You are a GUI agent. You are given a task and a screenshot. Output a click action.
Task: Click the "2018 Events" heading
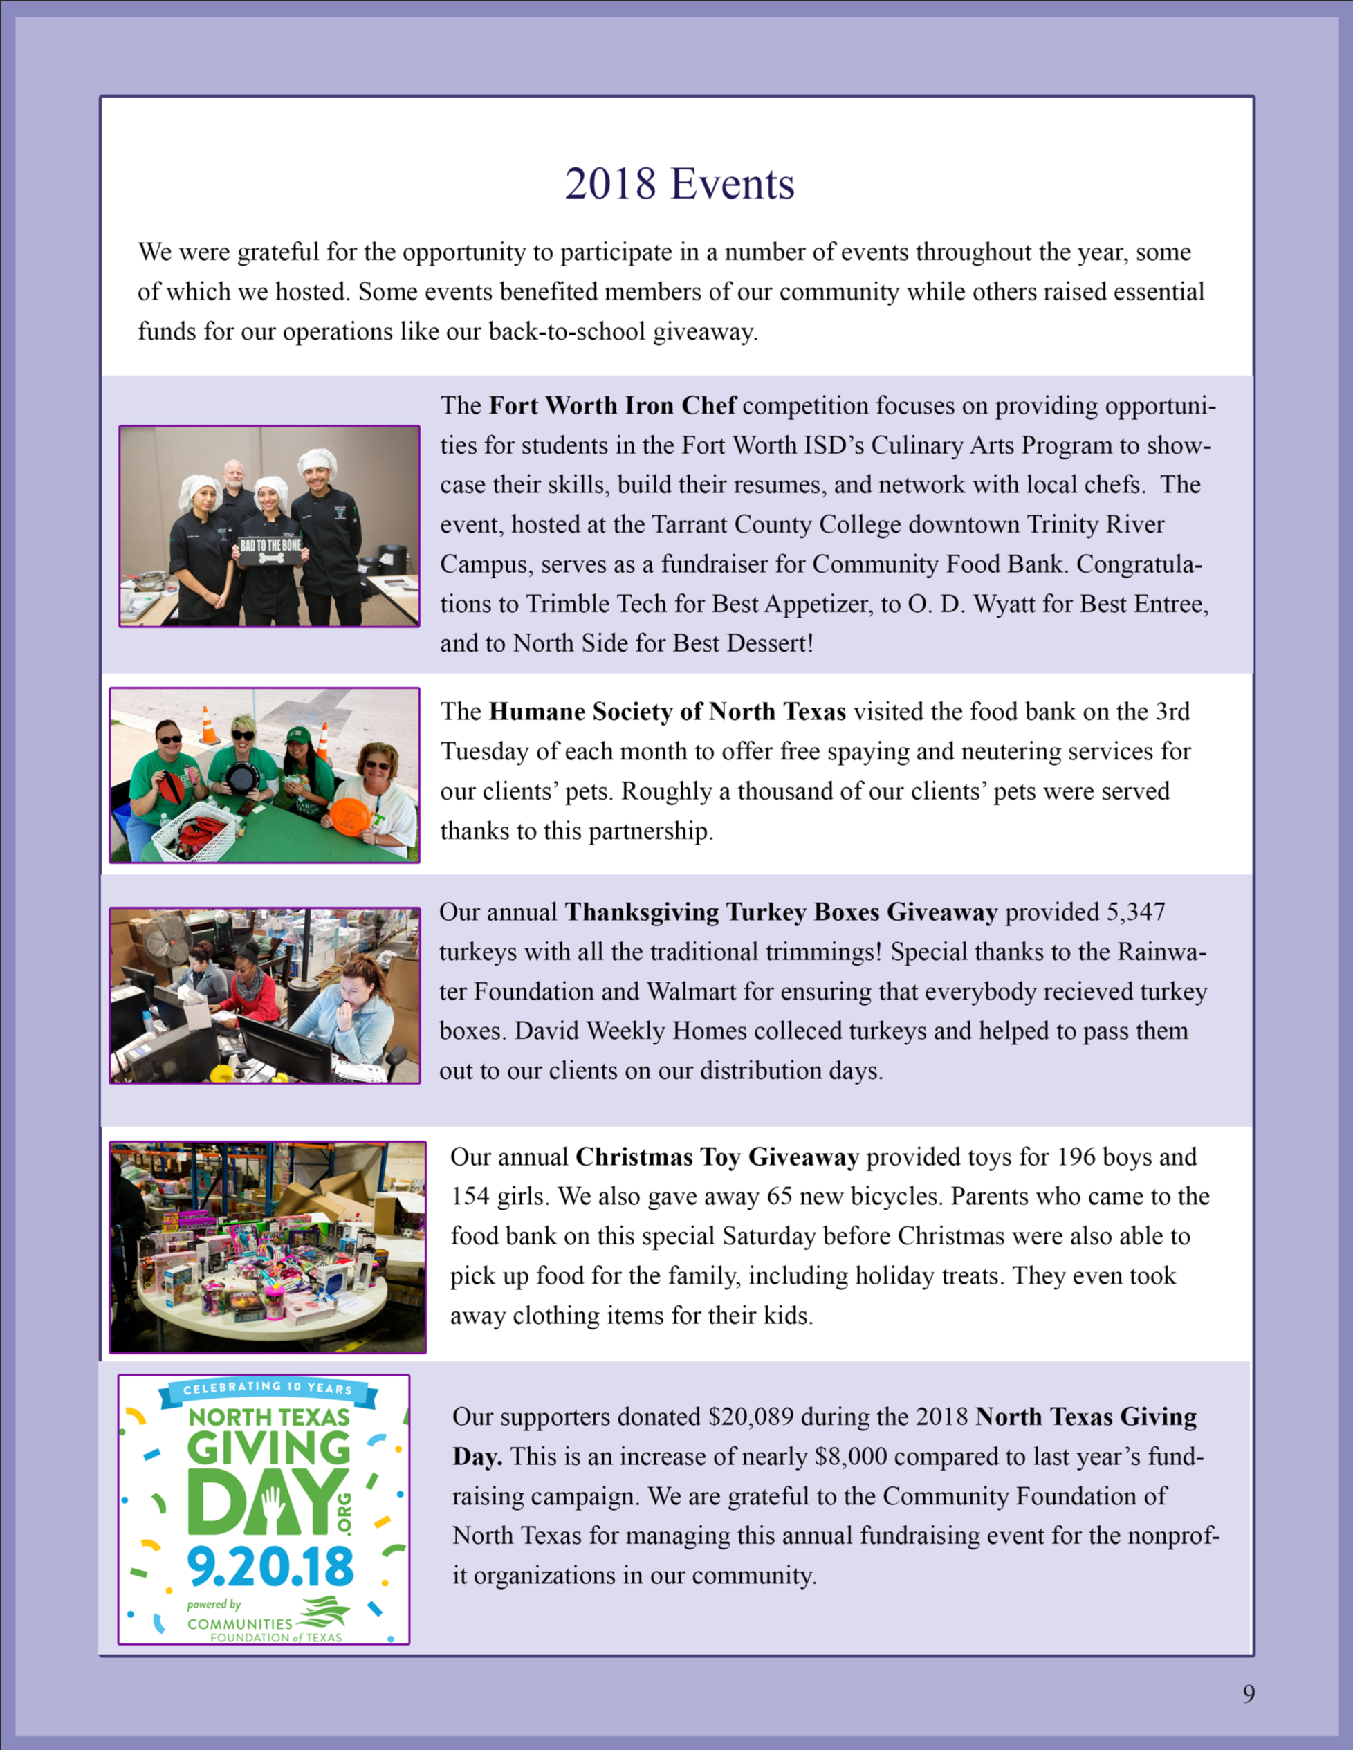point(679,184)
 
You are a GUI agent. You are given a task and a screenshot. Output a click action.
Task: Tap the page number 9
point(1249,1693)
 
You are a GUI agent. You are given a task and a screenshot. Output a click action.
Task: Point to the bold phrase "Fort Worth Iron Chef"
point(612,405)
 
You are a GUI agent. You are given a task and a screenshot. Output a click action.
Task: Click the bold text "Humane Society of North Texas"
point(667,712)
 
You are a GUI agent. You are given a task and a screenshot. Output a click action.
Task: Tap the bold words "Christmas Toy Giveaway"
point(717,1157)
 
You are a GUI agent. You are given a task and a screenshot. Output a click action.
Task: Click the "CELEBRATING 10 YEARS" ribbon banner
point(267,1389)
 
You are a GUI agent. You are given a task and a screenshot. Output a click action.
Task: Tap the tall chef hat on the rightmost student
point(317,461)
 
